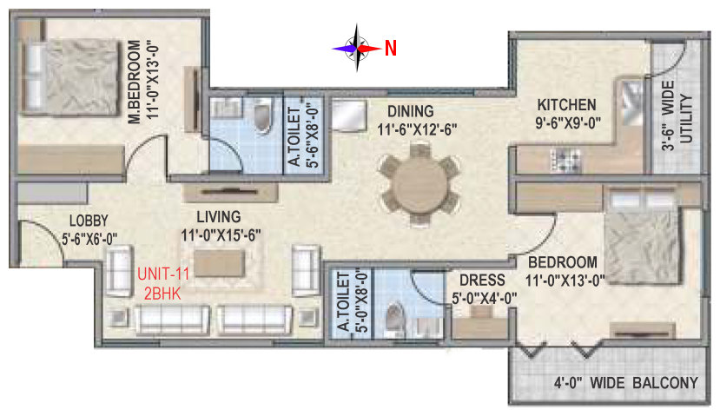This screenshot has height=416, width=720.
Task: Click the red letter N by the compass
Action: [x=390, y=48]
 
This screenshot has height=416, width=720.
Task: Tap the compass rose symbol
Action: [x=357, y=48]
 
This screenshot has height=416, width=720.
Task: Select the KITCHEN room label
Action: [x=566, y=105]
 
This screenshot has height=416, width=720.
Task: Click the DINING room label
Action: [x=411, y=111]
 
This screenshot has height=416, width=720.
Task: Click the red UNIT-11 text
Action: [x=163, y=274]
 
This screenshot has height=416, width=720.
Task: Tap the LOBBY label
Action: [x=89, y=221]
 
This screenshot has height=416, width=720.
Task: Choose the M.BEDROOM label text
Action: [x=134, y=83]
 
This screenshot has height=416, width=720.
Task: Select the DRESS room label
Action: [x=482, y=280]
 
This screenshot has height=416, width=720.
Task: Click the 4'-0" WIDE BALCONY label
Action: [x=626, y=382]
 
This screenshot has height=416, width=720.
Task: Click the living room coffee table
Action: [x=219, y=263]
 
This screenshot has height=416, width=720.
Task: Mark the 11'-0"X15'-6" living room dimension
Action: [x=221, y=235]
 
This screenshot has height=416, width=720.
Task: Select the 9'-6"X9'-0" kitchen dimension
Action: [x=568, y=123]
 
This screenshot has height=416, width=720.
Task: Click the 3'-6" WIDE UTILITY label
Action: [x=677, y=116]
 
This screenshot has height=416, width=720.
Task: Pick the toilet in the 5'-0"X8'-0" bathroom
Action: [x=394, y=316]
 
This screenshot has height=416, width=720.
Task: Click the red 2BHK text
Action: [x=162, y=294]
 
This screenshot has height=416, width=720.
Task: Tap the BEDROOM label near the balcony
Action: [x=563, y=262]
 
